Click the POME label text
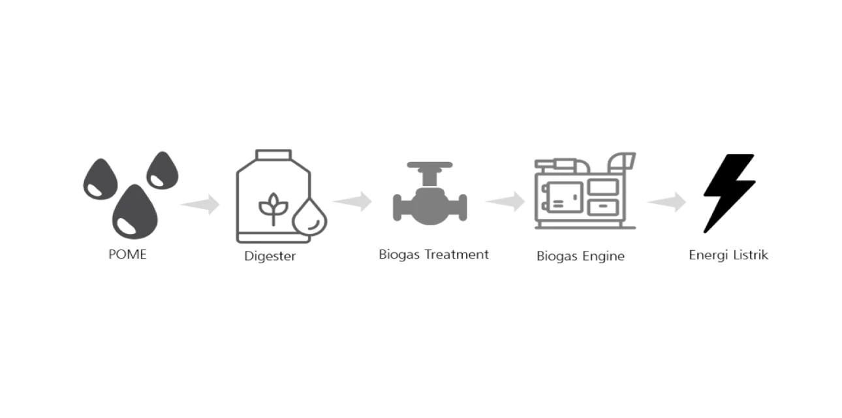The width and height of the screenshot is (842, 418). tap(127, 254)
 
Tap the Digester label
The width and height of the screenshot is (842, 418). tap(270, 256)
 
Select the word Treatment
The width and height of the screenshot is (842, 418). tap(457, 254)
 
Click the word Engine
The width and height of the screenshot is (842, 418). tap(603, 256)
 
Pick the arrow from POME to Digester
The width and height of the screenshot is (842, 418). tap(200, 204)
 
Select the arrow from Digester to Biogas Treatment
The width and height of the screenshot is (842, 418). tap(352, 201)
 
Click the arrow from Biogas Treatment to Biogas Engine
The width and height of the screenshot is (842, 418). tap(505, 201)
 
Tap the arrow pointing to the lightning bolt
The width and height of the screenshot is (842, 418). tap(666, 202)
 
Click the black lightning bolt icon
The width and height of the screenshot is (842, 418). tap(728, 193)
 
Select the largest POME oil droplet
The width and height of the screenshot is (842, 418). tap(134, 212)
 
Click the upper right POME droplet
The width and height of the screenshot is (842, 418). tap(163, 170)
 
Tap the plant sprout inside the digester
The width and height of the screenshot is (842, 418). tap(273, 209)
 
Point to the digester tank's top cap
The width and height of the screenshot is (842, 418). tap(273, 155)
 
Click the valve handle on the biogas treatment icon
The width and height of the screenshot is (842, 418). tap(429, 165)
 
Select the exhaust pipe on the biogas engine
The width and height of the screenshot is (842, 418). tap(622, 162)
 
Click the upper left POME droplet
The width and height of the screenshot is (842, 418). tap(101, 179)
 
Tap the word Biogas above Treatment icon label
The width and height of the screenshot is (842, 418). tap(399, 255)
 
